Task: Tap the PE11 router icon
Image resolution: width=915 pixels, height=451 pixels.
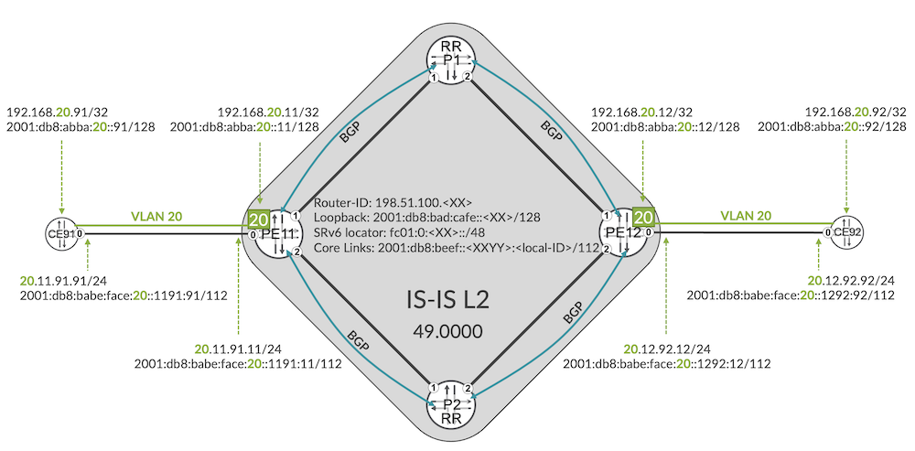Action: click(280, 232)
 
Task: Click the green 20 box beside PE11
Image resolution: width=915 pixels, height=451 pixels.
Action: click(257, 220)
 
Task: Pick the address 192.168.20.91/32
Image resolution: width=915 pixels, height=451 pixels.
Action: click(59, 113)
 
